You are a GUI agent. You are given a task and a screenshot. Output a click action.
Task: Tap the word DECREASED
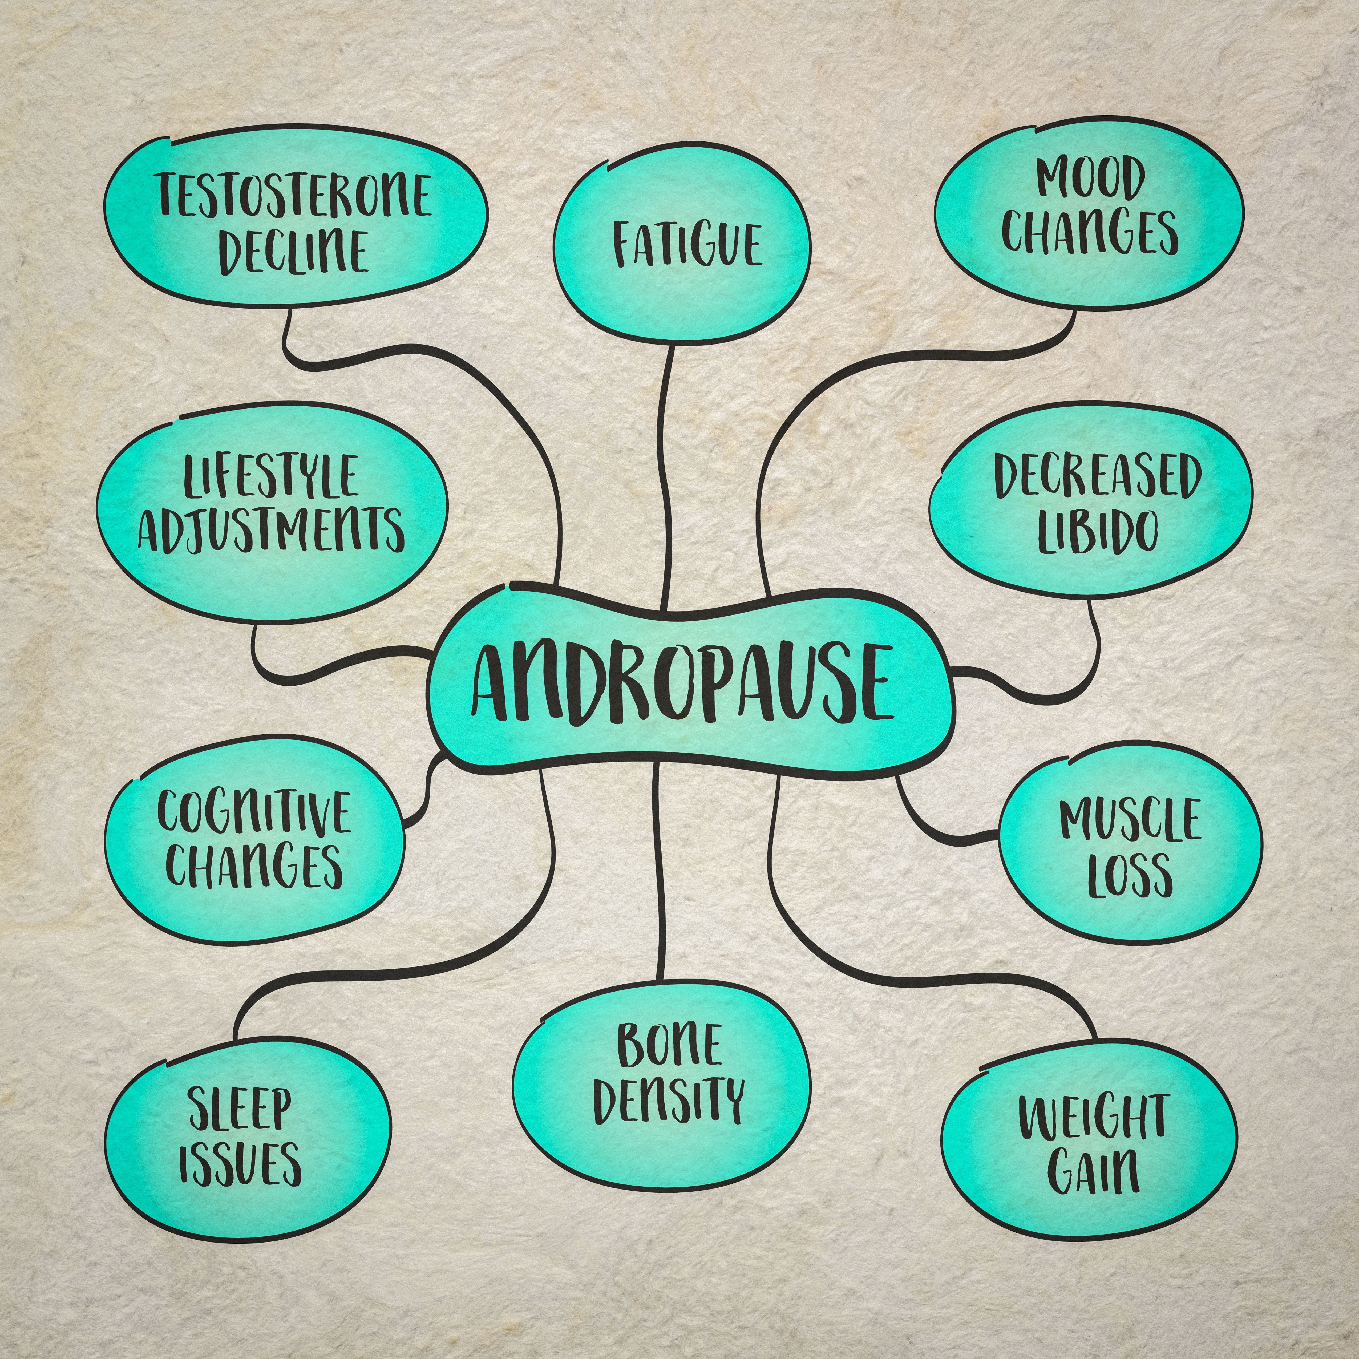(x=1097, y=476)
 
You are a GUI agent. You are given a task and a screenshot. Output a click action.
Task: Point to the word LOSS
(x=1130, y=874)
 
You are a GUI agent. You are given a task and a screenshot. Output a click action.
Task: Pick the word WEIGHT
(x=1093, y=1117)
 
